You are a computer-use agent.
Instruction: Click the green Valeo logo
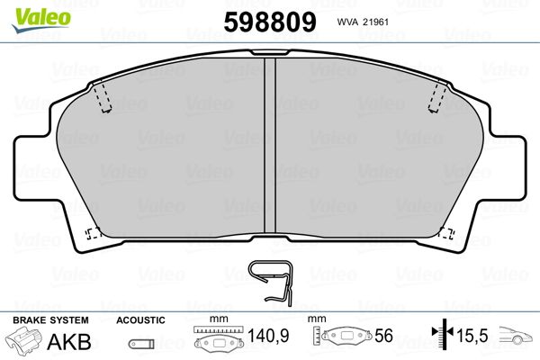(x=41, y=20)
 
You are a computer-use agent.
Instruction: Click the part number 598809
(x=270, y=22)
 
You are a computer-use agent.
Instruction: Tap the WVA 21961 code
(x=363, y=22)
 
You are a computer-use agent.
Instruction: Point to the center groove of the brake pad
(x=270, y=145)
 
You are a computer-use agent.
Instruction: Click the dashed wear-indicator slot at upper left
(x=103, y=98)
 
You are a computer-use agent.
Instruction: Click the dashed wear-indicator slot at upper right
(x=437, y=98)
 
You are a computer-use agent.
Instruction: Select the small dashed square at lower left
(x=93, y=234)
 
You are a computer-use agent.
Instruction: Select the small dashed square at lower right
(x=446, y=233)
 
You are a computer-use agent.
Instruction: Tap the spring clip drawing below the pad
(x=272, y=281)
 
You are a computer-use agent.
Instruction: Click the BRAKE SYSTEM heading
(x=50, y=320)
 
